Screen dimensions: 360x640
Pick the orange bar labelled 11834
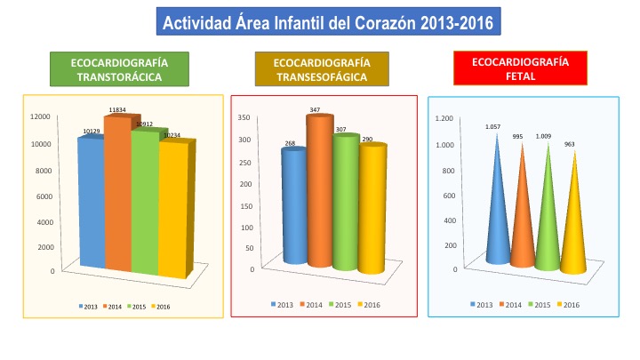click(x=118, y=196)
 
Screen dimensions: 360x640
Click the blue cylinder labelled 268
click(x=293, y=209)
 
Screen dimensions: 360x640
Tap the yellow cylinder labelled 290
click(x=373, y=209)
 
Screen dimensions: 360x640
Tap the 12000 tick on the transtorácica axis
click(x=41, y=116)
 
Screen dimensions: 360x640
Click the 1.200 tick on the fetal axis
click(x=444, y=117)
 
